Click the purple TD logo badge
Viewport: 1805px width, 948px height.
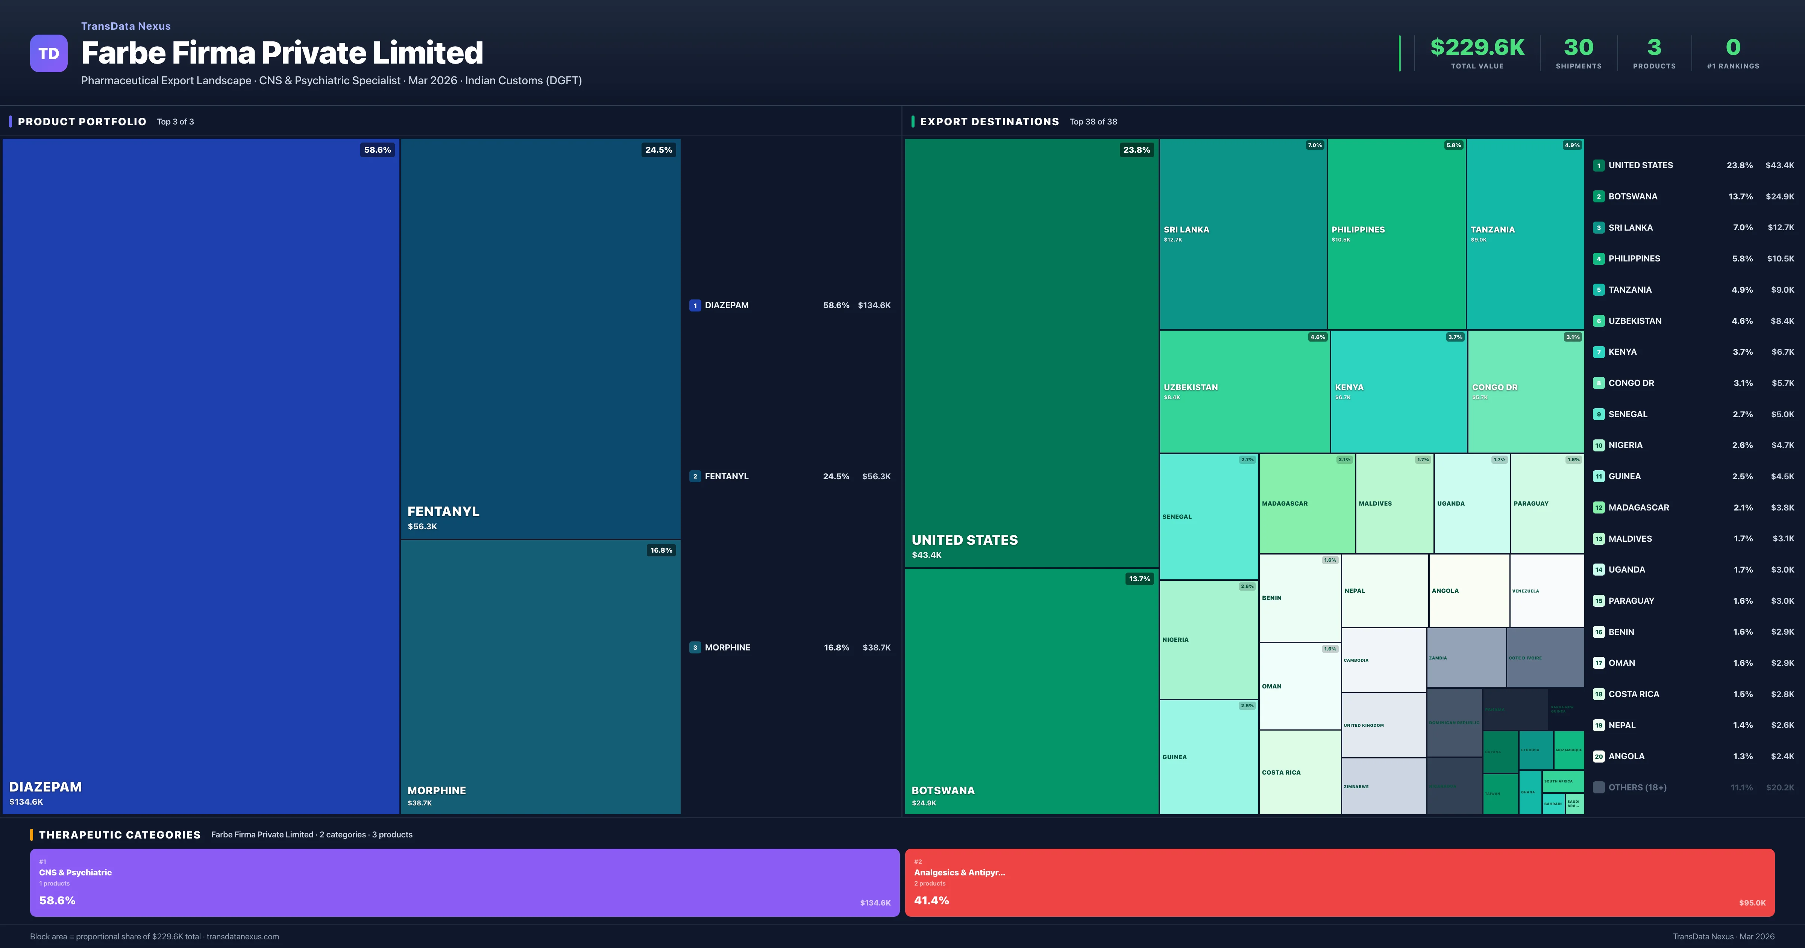click(49, 53)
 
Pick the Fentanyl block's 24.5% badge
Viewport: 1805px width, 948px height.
click(658, 150)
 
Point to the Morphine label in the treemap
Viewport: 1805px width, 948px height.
click(437, 790)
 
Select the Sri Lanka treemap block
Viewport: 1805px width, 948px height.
click(1242, 234)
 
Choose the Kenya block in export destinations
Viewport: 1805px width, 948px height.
click(1398, 391)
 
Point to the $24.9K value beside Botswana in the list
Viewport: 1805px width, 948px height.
click(1779, 196)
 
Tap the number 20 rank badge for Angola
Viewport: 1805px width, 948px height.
click(1598, 757)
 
